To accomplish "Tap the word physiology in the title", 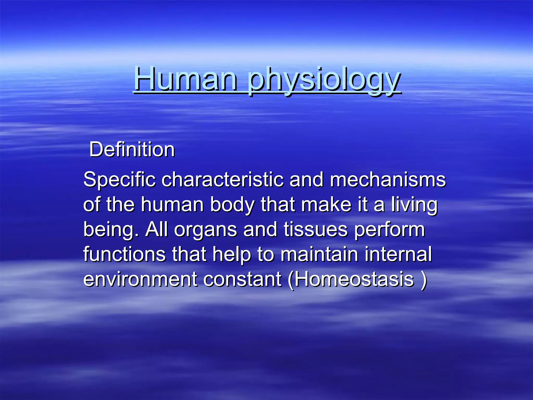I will click(324, 79).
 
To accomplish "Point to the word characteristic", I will click(223, 180).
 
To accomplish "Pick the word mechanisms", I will click(388, 180).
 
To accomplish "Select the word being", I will click(111, 230).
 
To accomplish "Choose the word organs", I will click(206, 230).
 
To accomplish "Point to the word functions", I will click(124, 254).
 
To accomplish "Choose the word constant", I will click(242, 279).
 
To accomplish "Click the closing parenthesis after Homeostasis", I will click(424, 280).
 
